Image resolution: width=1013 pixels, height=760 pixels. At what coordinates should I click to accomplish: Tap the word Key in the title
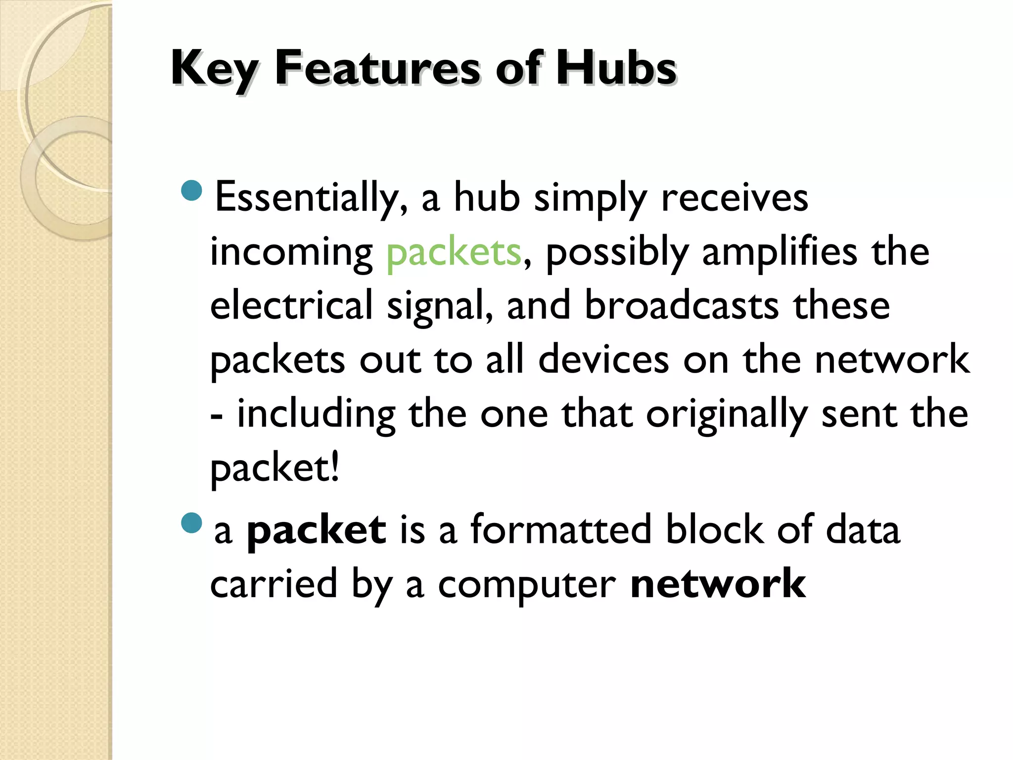point(214,69)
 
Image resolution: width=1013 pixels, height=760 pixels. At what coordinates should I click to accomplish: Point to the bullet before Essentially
point(192,190)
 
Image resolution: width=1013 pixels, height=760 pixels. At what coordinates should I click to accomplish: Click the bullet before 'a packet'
point(192,523)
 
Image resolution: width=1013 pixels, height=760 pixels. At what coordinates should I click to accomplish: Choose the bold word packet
point(316,530)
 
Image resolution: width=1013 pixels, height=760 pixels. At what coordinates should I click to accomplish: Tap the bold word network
point(718,584)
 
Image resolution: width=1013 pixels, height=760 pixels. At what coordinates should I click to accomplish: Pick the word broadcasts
point(682,305)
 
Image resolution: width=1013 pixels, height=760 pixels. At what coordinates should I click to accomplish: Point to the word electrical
point(291,305)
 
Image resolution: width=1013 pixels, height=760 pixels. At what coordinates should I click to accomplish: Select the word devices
point(603,360)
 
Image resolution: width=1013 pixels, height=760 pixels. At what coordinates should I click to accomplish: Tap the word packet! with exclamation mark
point(275,468)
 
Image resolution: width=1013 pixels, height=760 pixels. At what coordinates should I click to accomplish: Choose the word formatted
point(561,530)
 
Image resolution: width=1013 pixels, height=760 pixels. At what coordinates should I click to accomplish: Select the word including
point(317,415)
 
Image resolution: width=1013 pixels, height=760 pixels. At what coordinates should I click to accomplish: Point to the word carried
point(274,584)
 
